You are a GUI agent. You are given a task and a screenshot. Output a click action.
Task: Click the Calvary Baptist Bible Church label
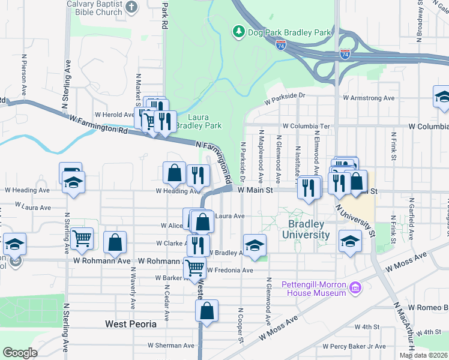103,7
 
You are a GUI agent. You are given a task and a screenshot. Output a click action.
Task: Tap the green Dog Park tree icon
238,31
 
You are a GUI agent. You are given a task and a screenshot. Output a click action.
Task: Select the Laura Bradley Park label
205,121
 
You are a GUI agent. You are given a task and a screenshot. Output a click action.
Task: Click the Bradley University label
309,229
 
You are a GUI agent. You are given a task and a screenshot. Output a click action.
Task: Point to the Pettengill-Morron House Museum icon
355,289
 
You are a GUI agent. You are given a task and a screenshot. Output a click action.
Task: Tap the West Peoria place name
131,324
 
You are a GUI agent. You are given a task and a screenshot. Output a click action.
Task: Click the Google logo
20,353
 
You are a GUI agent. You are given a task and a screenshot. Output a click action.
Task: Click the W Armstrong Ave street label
369,98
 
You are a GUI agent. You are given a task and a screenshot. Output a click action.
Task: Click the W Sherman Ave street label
171,346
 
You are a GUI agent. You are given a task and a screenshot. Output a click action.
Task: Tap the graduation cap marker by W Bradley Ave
255,245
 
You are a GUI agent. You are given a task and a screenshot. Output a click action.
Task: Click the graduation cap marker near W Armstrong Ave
442,97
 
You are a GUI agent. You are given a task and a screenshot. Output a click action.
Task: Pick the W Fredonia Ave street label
231,271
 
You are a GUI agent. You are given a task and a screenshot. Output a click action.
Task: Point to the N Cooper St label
240,325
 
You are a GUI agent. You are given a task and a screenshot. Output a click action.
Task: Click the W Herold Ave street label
114,115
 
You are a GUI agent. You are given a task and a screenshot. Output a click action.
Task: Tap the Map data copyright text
423,355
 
